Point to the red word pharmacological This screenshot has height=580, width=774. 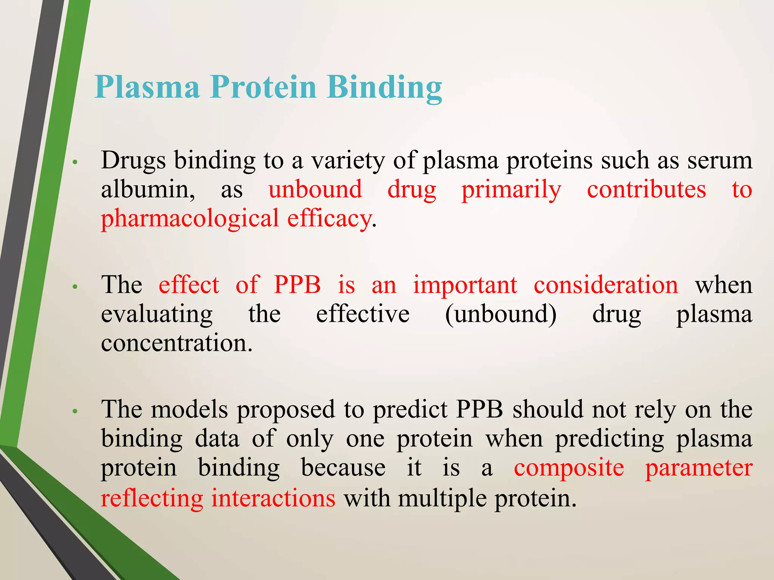189,219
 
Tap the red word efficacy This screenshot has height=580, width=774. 329,219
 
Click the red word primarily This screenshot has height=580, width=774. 511,190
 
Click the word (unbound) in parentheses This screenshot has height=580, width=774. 501,314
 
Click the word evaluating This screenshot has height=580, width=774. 157,315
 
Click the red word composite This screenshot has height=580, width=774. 569,468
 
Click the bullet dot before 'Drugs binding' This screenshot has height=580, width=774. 75,162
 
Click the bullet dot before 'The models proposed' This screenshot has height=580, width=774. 75,411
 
